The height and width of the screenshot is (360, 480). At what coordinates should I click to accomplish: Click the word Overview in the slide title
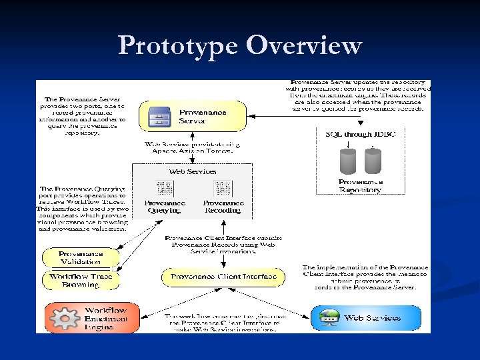[304, 45]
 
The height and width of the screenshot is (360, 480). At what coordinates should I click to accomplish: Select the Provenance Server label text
[203, 117]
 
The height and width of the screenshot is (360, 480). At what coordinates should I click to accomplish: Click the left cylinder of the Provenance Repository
[347, 162]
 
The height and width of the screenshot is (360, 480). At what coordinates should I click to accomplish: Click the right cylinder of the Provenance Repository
[373, 162]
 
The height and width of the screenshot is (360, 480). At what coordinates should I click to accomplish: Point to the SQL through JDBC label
[360, 135]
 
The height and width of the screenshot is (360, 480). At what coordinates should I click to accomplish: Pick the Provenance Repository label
[360, 186]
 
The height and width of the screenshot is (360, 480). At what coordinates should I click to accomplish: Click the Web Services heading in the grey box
[192, 171]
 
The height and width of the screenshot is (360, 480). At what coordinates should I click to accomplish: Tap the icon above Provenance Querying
[164, 188]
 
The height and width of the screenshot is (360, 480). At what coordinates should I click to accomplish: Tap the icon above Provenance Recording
[223, 188]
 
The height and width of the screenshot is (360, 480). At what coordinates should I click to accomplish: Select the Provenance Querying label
[164, 206]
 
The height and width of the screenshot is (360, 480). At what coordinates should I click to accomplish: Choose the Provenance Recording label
[223, 206]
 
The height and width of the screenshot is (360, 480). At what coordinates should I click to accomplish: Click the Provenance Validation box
[81, 258]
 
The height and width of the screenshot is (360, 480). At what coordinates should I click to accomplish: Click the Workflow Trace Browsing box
[81, 281]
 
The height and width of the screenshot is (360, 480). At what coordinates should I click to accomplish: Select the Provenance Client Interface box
[223, 277]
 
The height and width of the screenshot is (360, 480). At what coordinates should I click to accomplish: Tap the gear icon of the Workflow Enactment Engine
[65, 318]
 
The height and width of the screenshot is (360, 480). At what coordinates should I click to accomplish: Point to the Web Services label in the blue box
[373, 318]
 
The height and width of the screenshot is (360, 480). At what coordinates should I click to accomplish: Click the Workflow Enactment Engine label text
[105, 318]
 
